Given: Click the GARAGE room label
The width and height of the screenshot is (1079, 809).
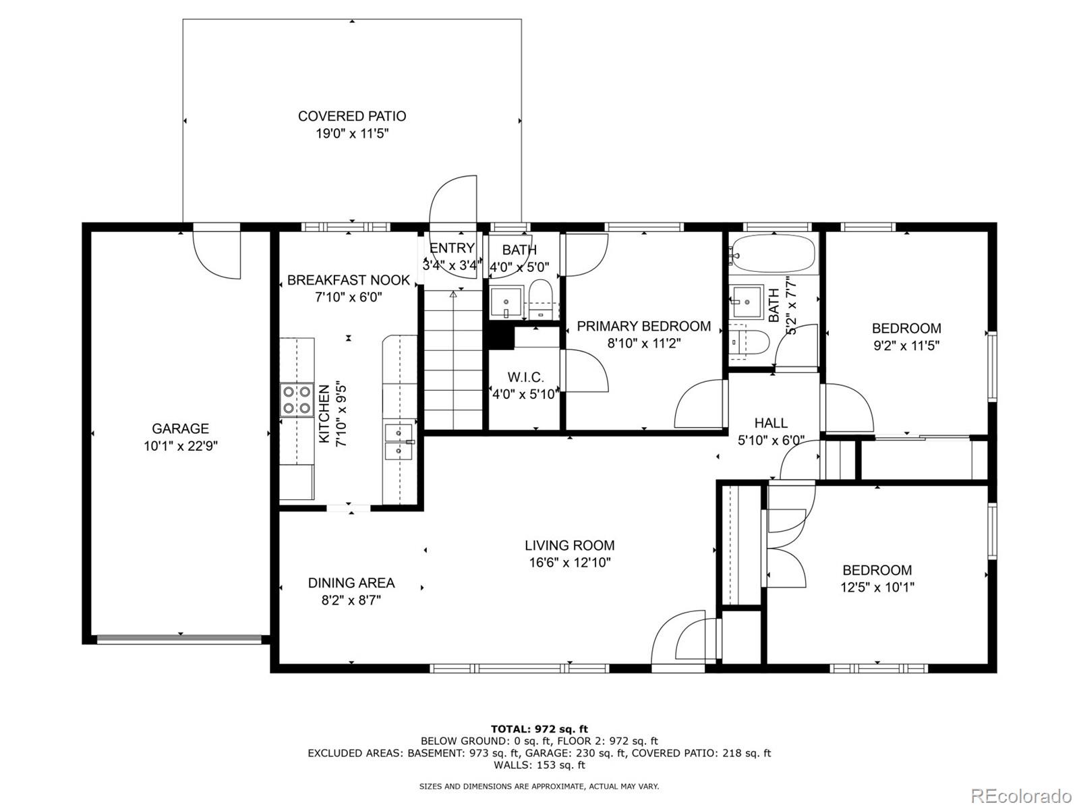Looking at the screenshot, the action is (x=180, y=429).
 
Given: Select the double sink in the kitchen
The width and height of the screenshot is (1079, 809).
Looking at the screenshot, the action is (x=399, y=441).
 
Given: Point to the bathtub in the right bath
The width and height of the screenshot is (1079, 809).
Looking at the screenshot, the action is (x=773, y=253).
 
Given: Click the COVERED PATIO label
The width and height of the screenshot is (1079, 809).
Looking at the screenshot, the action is (x=352, y=117).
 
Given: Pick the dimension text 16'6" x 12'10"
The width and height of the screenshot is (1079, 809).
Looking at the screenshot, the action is (x=570, y=562).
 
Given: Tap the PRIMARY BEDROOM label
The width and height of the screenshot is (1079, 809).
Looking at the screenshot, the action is (x=644, y=326).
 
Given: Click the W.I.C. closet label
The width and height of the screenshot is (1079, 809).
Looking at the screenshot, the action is (x=525, y=378).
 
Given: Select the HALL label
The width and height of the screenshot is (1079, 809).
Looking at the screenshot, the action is (x=771, y=423).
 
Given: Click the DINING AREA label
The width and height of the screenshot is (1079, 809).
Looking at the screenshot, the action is (x=351, y=583).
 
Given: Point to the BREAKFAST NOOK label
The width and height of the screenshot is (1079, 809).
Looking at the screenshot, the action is (x=349, y=280).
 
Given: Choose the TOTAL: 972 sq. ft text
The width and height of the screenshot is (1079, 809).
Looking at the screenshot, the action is (x=539, y=729).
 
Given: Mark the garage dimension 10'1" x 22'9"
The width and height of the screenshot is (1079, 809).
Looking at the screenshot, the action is (x=181, y=446).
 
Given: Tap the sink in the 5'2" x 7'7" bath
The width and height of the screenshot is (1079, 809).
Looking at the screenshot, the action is (x=747, y=302).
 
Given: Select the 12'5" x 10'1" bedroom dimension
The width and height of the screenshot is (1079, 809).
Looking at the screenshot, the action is (x=877, y=587).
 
